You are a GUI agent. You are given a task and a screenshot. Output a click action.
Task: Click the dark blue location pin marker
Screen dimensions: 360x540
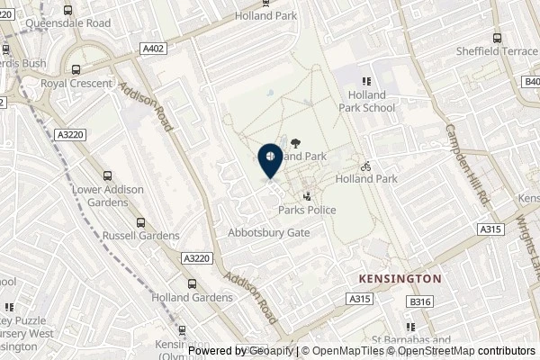click(269, 160)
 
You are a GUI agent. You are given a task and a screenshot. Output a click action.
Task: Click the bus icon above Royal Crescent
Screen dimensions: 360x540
click(76, 68)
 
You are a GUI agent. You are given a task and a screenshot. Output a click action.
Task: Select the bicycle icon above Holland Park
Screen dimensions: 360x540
click(365, 166)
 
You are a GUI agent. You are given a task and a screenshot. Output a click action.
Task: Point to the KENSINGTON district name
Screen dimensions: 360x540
click(400, 278)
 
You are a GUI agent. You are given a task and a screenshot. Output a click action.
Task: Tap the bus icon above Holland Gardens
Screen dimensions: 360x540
click(192, 283)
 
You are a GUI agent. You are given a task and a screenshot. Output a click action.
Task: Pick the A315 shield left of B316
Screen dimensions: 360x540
click(359, 299)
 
